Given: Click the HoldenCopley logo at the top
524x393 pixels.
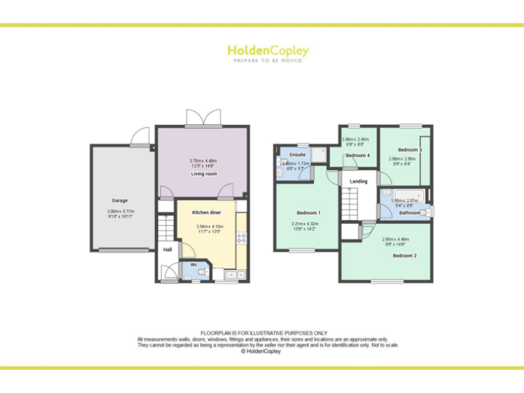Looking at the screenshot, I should [267, 52].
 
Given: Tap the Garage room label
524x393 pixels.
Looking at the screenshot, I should [120, 201].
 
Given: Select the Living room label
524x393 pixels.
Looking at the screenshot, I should [203, 174].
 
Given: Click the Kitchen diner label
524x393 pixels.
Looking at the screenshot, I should [206, 213].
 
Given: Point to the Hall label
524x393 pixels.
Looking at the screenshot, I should [167, 250].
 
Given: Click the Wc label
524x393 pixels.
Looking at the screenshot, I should [194, 264].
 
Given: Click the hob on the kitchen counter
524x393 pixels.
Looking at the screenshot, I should [241, 238].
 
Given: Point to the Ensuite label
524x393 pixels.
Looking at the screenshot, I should [297, 155].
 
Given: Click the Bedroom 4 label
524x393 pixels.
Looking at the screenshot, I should [358, 156].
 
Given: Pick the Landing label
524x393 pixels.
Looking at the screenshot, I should [358, 181].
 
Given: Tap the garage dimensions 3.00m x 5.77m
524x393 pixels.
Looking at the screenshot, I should [120, 214].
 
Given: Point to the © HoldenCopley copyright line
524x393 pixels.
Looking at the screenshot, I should [262, 351].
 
